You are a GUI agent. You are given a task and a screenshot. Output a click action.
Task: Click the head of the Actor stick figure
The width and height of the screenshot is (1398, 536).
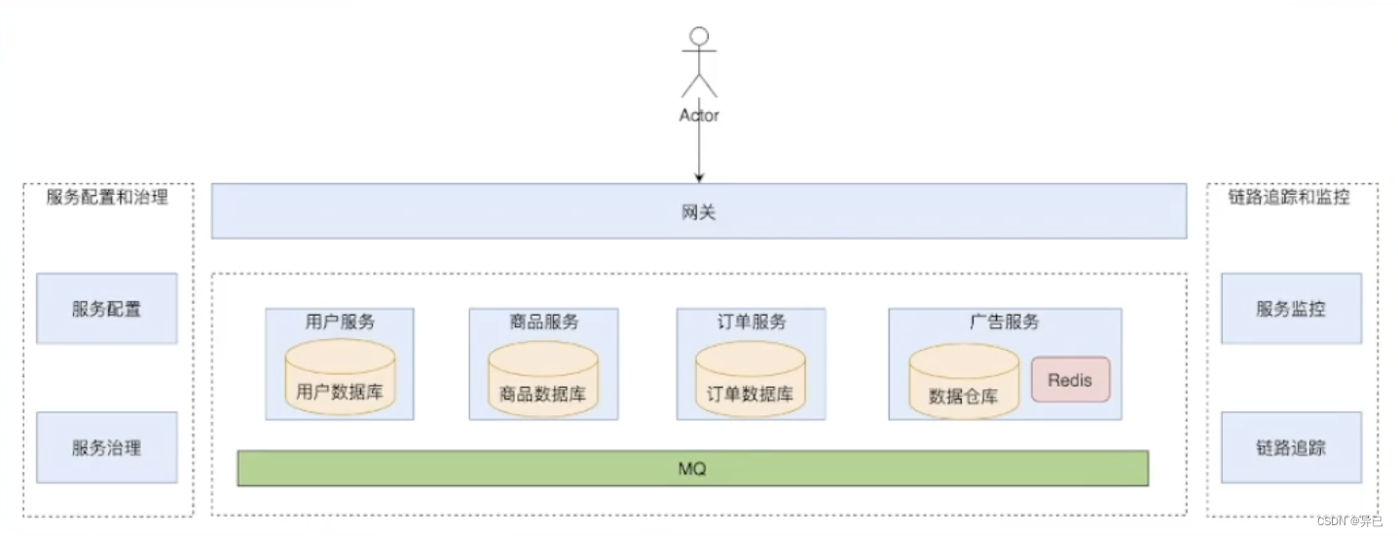tap(698, 37)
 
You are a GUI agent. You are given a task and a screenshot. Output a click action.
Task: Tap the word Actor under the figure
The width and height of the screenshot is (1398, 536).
tap(699, 115)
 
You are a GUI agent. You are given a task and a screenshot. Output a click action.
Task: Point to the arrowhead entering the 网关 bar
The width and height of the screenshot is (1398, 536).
tap(699, 177)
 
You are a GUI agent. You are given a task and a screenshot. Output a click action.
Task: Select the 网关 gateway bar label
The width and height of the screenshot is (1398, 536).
tap(699, 211)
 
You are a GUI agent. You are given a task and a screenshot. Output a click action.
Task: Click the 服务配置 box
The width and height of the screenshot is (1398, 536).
tap(107, 309)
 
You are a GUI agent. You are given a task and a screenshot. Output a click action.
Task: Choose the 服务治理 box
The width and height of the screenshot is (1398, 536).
tap(107, 448)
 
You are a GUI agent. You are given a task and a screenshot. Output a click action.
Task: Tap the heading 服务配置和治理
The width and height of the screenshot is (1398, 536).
tap(107, 197)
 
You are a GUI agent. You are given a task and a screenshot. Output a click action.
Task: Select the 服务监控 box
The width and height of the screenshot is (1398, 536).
tap(1291, 309)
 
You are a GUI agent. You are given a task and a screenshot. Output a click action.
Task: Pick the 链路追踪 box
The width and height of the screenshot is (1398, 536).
tap(1291, 448)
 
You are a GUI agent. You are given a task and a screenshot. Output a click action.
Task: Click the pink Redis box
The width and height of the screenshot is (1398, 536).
tap(1070, 380)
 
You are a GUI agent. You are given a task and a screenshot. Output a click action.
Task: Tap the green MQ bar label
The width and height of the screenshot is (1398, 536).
tap(692, 469)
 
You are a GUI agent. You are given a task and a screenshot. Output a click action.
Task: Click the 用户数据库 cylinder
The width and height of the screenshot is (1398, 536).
tap(340, 380)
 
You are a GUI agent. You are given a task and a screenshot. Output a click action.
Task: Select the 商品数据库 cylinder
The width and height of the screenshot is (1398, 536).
tap(542, 380)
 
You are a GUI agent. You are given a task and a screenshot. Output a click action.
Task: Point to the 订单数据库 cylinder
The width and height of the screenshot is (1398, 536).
tap(751, 380)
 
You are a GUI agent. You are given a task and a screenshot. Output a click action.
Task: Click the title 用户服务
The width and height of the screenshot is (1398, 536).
tap(340, 322)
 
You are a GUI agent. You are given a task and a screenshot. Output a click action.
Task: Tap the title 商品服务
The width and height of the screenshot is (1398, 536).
tap(543, 322)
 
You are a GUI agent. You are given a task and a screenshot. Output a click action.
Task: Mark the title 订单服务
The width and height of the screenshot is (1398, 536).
tap(751, 322)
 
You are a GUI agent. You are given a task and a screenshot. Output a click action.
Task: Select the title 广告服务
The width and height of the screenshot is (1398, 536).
tap(1004, 322)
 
